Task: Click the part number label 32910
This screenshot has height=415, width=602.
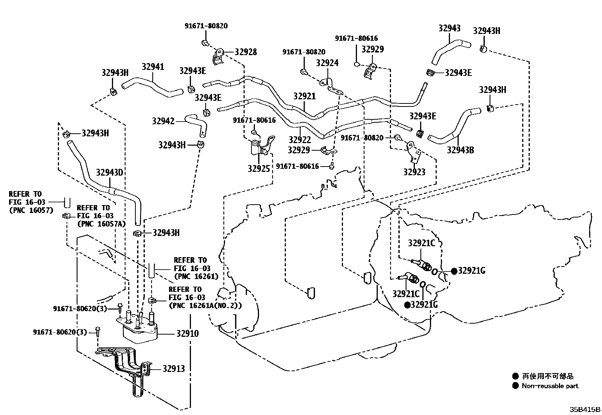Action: [187, 333]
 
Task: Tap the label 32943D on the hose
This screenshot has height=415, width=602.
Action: [109, 173]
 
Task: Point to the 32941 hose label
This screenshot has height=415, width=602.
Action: [153, 67]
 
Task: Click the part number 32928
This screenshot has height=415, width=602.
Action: [245, 52]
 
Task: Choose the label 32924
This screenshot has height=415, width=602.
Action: [327, 63]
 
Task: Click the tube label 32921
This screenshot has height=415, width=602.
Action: [304, 96]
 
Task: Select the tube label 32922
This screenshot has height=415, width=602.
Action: [299, 139]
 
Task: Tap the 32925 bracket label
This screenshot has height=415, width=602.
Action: [259, 168]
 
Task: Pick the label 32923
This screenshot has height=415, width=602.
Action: [414, 172]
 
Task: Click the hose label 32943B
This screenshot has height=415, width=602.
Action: [460, 150]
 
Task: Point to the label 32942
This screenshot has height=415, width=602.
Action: [163, 121]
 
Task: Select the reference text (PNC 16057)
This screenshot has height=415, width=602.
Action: [31, 211]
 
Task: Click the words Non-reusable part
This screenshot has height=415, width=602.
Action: [550, 386]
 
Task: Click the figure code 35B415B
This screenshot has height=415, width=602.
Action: [585, 409]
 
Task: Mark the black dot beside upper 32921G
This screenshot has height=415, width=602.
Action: [454, 271]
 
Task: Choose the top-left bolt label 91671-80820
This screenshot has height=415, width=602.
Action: [206, 26]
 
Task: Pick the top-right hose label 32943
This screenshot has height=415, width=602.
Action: [449, 28]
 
